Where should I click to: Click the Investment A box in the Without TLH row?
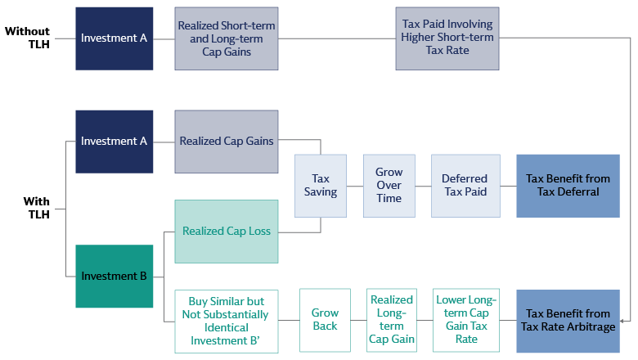coord(114,38)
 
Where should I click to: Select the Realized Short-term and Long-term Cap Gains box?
coord(227,38)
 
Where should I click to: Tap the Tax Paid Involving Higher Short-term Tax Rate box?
coord(447,38)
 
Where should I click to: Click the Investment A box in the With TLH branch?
coord(114,142)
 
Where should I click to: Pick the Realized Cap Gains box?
coord(227,142)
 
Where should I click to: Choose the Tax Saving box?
coord(321,186)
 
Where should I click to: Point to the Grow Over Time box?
coord(389,186)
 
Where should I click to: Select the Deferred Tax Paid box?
coord(464,186)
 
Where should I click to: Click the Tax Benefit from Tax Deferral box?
coord(568,186)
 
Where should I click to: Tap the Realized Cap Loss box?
coord(227,232)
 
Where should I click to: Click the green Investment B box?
coord(114,277)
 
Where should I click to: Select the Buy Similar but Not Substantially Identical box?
coord(227,320)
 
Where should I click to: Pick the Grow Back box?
coord(326,320)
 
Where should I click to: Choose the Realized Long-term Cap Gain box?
coord(392,320)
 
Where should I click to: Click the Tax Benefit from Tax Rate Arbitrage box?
coord(568,320)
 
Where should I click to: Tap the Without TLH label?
coord(28,38)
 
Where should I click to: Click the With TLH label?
coord(36,208)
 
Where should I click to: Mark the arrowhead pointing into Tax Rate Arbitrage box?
coord(624,320)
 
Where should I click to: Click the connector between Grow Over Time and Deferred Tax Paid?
coord(423,186)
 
